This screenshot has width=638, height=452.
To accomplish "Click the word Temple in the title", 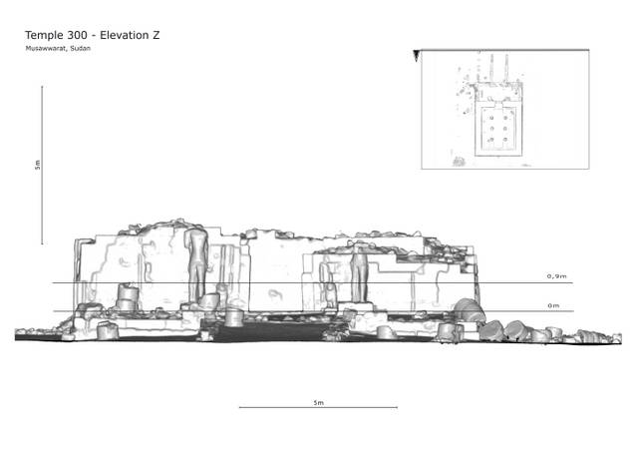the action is tap(42, 36).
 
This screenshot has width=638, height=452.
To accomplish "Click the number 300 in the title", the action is tap(76, 35).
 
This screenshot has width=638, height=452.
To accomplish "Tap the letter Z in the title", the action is tap(156, 35).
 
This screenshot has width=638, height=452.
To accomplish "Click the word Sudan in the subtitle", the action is tap(80, 48).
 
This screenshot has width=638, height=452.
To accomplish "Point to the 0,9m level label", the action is tap(556, 276).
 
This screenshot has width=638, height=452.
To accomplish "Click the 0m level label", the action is tap(553, 305).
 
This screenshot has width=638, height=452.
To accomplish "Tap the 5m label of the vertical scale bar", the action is tap(38, 165).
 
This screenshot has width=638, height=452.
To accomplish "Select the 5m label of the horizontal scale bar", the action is tap(319, 402).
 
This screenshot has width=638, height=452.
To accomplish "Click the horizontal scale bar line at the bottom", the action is tap(318, 407).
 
